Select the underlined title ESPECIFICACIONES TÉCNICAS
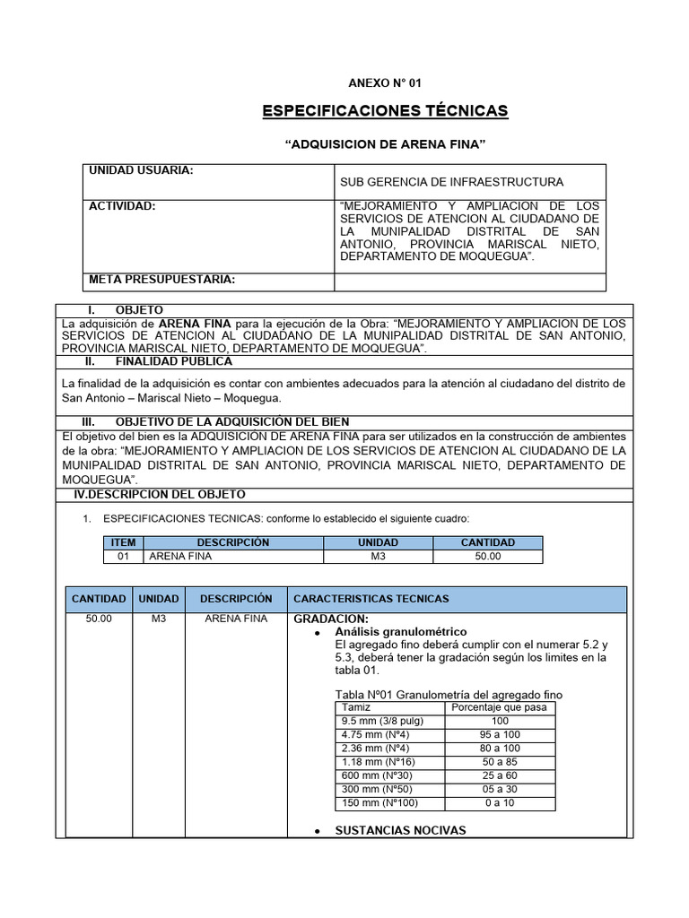[x=384, y=111]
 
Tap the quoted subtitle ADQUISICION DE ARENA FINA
[x=385, y=143]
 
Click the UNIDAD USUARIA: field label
[x=142, y=170]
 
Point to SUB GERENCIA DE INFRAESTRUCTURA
[x=451, y=182]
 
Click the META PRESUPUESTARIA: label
[x=161, y=280]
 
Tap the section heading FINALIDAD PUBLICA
[x=173, y=361]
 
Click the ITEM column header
[x=123, y=542]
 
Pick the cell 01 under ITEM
[x=123, y=557]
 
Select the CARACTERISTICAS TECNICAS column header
[x=371, y=599]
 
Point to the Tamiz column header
[x=356, y=707]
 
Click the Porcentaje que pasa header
[x=500, y=707]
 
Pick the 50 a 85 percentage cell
[x=500, y=762]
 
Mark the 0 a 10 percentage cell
[x=500, y=802]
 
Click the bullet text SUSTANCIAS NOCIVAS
[x=400, y=831]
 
